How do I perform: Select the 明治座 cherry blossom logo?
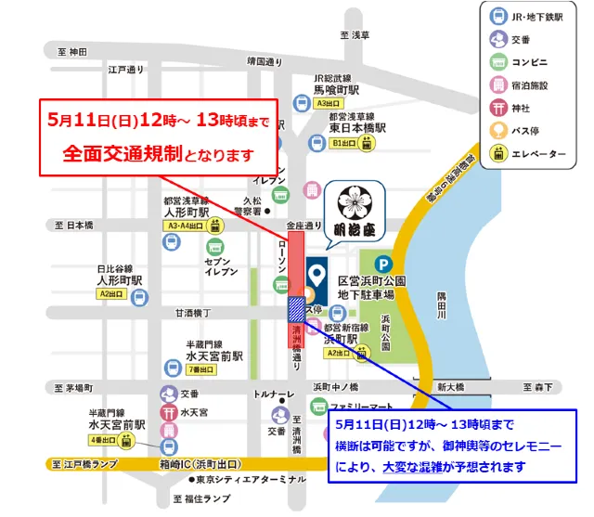click(x=352, y=201)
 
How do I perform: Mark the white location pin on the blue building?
click(x=317, y=274)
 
